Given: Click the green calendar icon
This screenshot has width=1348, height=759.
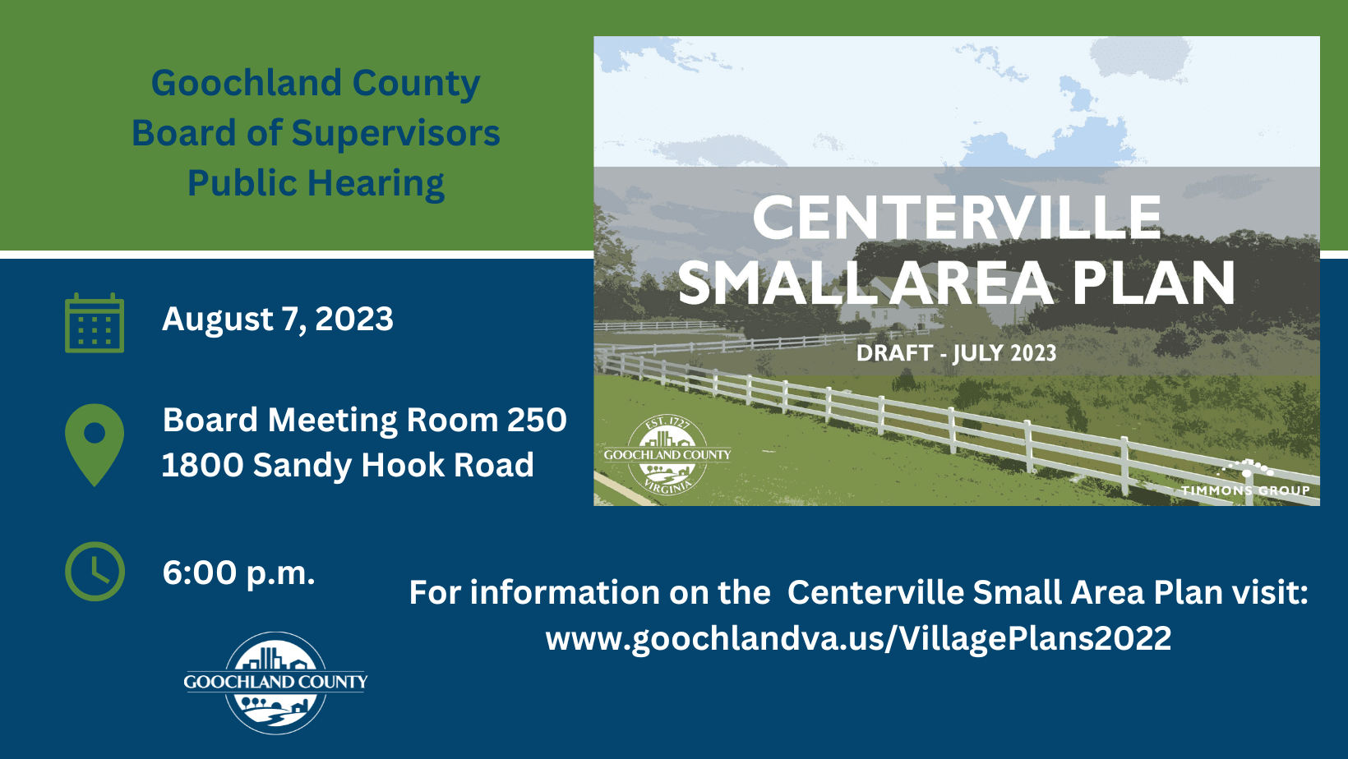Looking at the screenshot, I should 95,324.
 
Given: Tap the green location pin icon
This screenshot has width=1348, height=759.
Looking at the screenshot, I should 95,442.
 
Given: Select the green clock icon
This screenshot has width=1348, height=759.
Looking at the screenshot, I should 95,571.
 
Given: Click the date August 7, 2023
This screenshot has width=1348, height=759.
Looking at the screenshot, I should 278,320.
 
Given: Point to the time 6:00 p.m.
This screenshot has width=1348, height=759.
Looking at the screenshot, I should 238,573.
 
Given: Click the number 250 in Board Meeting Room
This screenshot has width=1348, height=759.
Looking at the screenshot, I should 537,421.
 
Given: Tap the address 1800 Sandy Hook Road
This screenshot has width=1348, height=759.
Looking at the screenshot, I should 348,466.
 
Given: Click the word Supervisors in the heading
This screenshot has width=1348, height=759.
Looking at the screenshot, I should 395,133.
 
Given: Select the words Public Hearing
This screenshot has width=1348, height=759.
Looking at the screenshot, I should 316,183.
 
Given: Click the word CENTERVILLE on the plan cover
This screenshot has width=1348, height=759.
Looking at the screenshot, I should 957,218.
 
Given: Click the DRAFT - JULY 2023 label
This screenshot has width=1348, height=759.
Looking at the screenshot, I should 956,353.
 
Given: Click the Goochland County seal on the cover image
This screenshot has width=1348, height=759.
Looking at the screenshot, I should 667,455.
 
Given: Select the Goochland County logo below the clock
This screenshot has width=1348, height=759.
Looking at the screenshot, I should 275,683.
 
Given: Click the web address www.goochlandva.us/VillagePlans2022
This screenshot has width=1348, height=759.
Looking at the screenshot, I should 858,638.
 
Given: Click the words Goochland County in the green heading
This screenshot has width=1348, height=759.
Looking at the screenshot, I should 316,83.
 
